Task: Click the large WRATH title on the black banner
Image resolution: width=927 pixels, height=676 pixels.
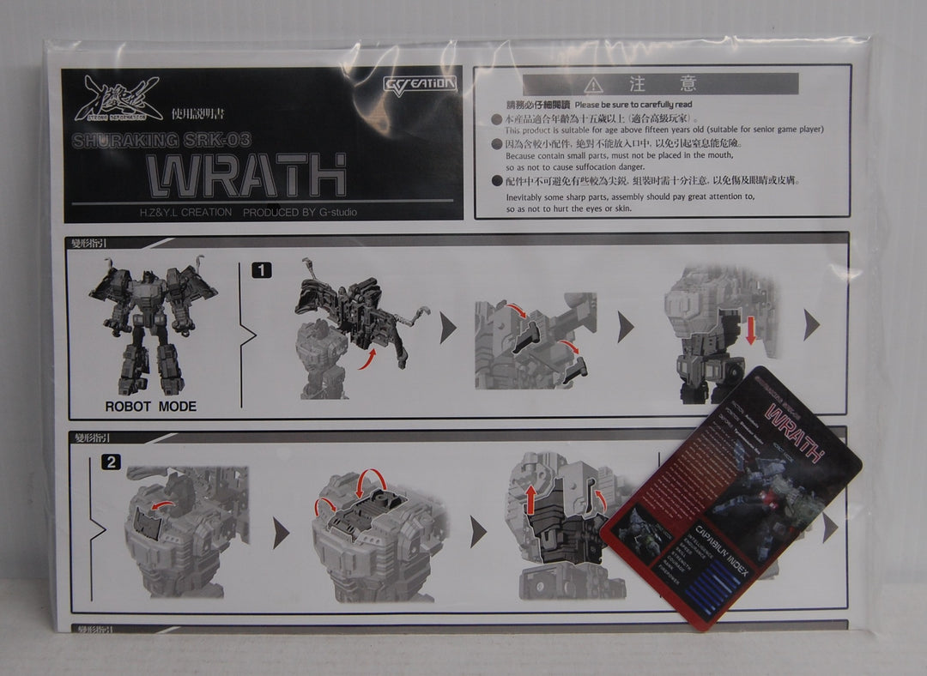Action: [246, 175]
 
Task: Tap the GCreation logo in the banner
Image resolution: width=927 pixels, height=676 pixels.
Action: [419, 84]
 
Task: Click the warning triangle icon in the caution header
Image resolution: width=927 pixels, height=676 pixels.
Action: [593, 85]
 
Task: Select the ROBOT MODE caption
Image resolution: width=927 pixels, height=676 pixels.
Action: [150, 407]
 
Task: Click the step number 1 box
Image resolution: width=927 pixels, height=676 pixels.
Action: [261, 270]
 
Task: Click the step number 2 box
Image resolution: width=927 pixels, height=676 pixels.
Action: [111, 462]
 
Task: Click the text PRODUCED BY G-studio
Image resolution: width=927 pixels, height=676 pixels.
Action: [300, 212]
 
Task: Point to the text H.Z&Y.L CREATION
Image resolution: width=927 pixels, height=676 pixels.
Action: [185, 212]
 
